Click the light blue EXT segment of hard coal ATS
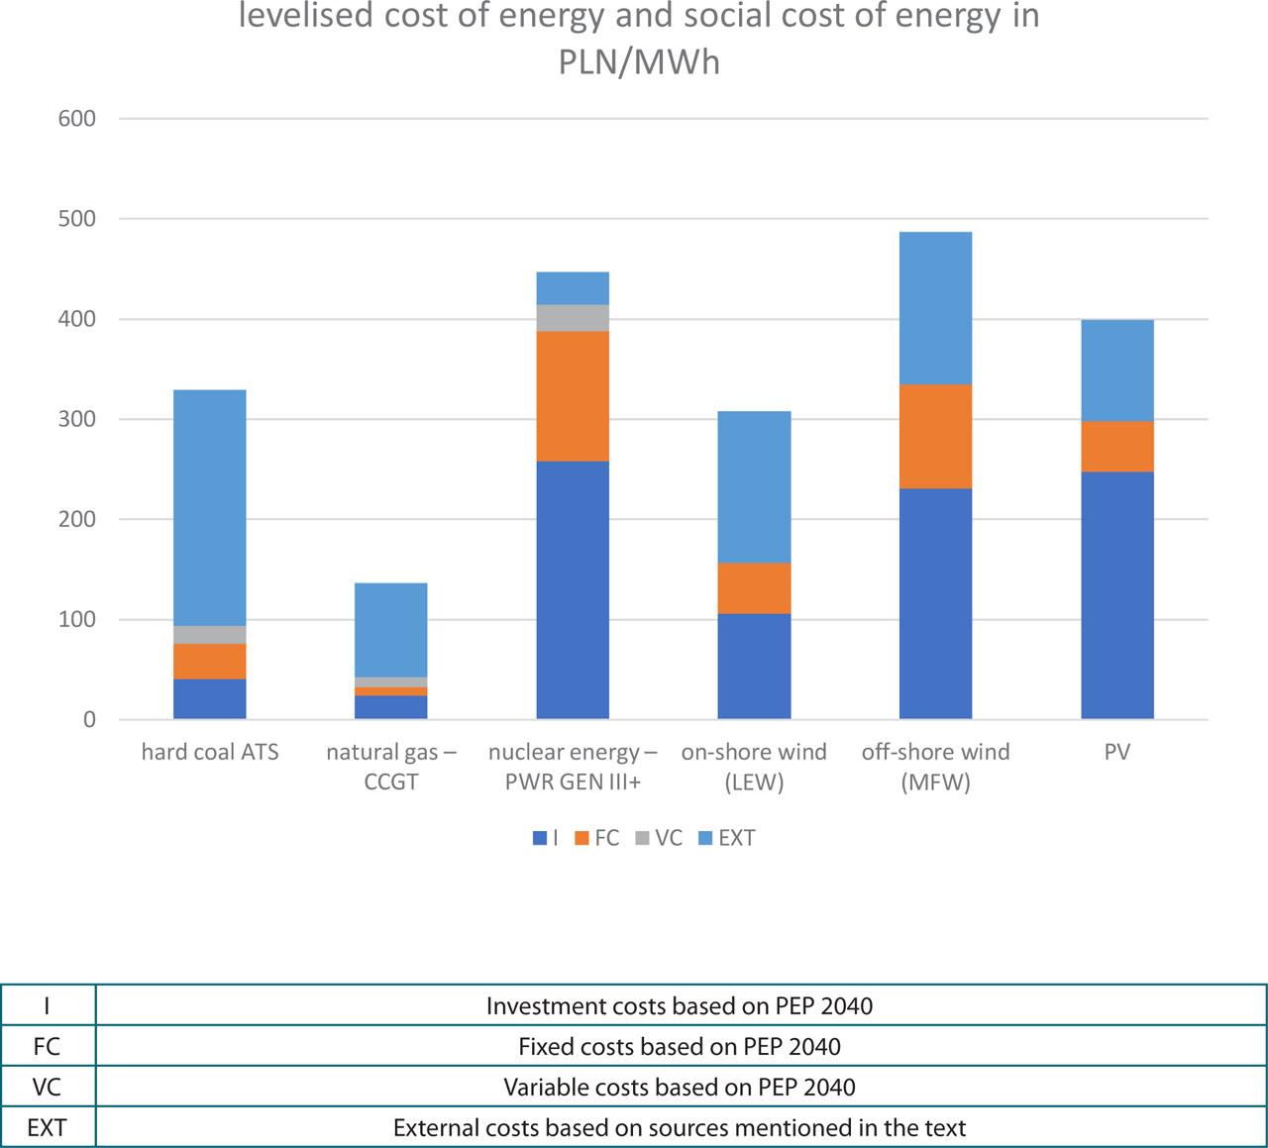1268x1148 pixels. pos(209,507)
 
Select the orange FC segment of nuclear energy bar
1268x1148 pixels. pos(573,396)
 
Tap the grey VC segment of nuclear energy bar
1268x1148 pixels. pos(573,318)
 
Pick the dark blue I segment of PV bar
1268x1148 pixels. pos(1117,595)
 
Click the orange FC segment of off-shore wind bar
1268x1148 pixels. pos(935,436)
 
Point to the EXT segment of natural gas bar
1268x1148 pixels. pos(390,629)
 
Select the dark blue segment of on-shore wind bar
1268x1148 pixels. pos(754,667)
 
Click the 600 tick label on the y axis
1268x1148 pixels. pos(76,119)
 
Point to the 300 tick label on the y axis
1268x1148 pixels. pos(76,419)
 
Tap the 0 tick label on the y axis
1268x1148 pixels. pos(89,720)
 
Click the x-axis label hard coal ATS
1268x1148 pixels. pos(210,752)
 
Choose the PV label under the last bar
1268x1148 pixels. pos(1117,752)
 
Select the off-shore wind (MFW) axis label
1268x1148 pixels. pos(935,767)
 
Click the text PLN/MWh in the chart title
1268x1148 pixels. pos(639,62)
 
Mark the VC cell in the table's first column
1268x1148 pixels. pos(47,1087)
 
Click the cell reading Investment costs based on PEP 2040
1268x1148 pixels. pos(680,1006)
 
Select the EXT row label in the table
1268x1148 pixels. pos(47,1127)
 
